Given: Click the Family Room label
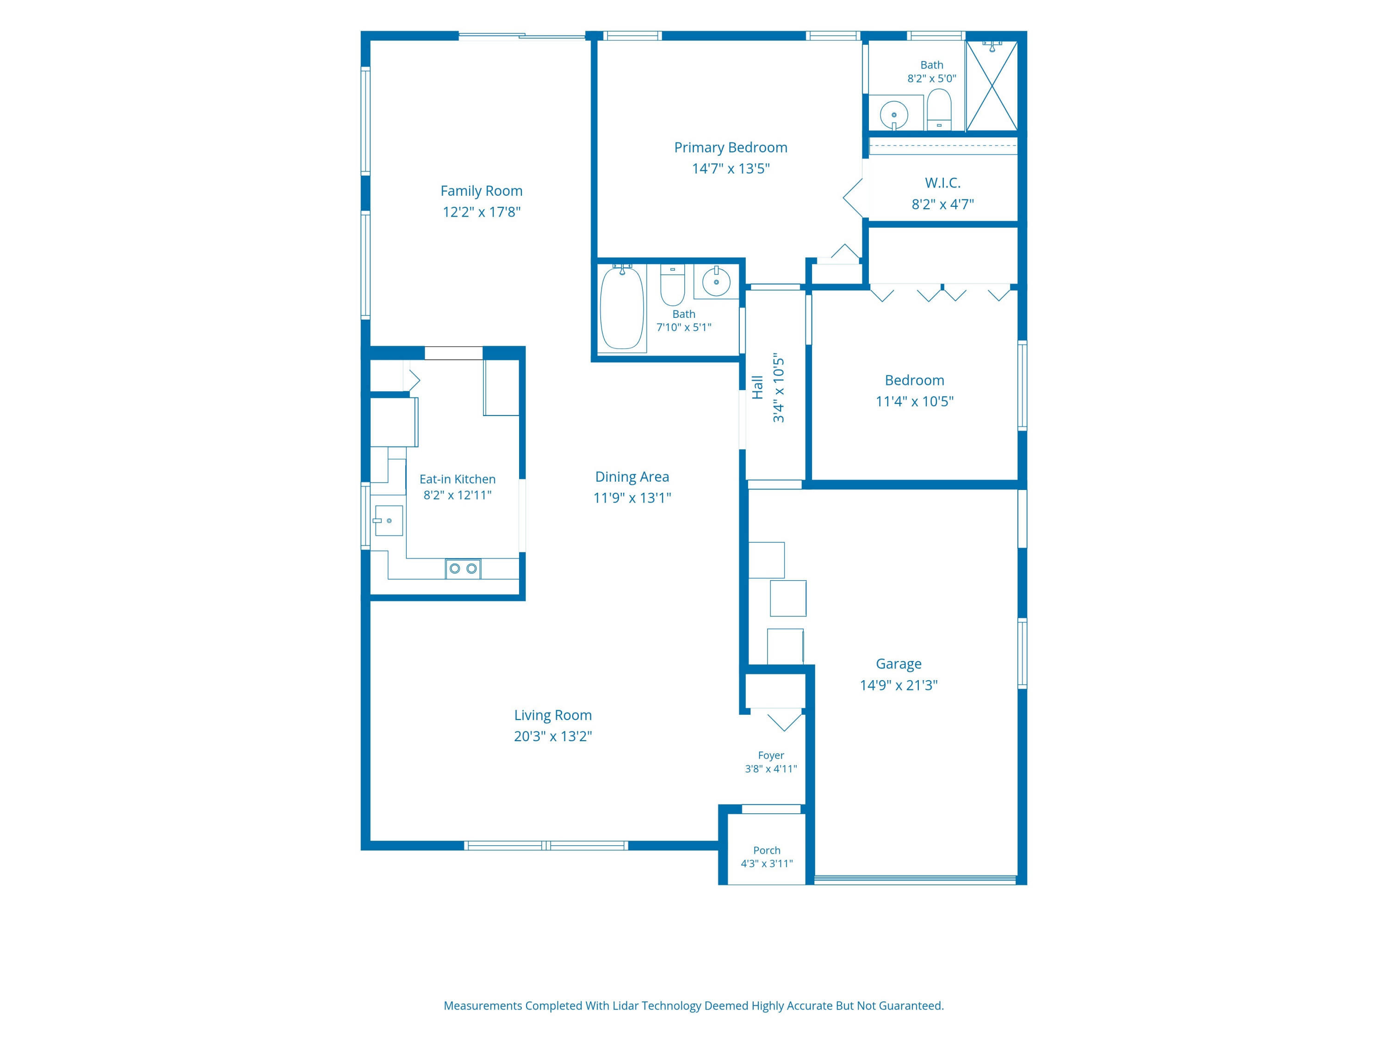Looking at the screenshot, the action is [x=481, y=191].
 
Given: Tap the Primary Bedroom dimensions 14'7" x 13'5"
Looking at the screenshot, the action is [x=731, y=168].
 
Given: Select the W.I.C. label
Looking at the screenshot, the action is [x=942, y=183].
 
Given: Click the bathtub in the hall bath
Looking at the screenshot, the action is [x=622, y=308].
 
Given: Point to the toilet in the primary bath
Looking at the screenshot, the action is [x=939, y=109].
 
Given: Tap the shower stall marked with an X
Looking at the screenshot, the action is [x=991, y=86].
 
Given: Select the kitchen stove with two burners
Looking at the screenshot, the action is [x=463, y=569].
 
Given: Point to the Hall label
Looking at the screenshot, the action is [x=757, y=387].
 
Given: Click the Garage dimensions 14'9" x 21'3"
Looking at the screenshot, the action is [x=898, y=685].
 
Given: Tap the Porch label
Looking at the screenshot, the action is [x=767, y=850].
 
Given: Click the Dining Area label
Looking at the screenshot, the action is [x=632, y=477].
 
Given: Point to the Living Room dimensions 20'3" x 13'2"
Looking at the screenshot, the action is [x=553, y=736].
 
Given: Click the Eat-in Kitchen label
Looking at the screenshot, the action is [x=458, y=479].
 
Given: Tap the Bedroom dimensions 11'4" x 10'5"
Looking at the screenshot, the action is [x=914, y=401].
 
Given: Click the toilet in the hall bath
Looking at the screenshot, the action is [x=673, y=285].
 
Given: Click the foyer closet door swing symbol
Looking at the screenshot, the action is [x=784, y=720].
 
